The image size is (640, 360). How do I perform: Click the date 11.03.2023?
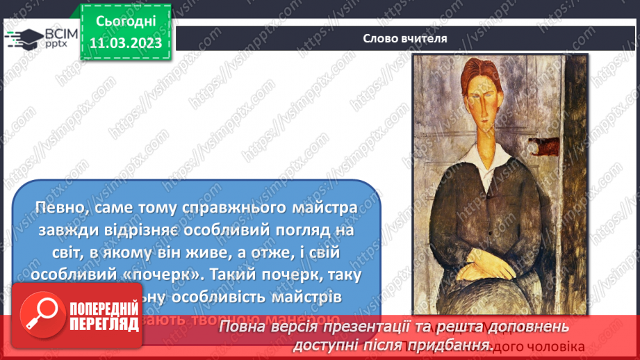(x=125, y=43)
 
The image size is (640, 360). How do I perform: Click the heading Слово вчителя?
(x=404, y=38)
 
